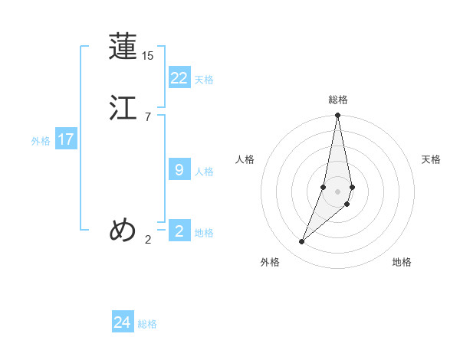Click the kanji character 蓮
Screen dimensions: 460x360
point(123,47)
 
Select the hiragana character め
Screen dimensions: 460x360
point(123,230)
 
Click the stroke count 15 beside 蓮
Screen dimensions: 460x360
point(148,56)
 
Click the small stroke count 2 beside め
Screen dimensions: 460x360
point(148,240)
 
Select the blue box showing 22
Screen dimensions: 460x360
point(179,78)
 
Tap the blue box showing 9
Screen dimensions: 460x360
point(179,170)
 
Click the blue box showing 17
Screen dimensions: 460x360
point(65,139)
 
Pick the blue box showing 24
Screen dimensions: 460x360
point(122,322)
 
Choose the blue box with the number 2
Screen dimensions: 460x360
point(179,231)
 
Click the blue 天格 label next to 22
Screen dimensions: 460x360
point(204,80)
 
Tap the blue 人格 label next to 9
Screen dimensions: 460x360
point(204,172)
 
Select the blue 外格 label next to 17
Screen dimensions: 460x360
point(41,141)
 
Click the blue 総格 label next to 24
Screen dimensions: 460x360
point(147,324)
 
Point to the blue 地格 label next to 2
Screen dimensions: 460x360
point(204,233)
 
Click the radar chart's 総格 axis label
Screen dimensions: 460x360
point(337,100)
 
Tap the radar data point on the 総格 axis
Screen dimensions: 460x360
point(337,116)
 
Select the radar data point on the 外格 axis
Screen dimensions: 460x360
point(301,242)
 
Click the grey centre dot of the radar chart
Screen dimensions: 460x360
point(337,191)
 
